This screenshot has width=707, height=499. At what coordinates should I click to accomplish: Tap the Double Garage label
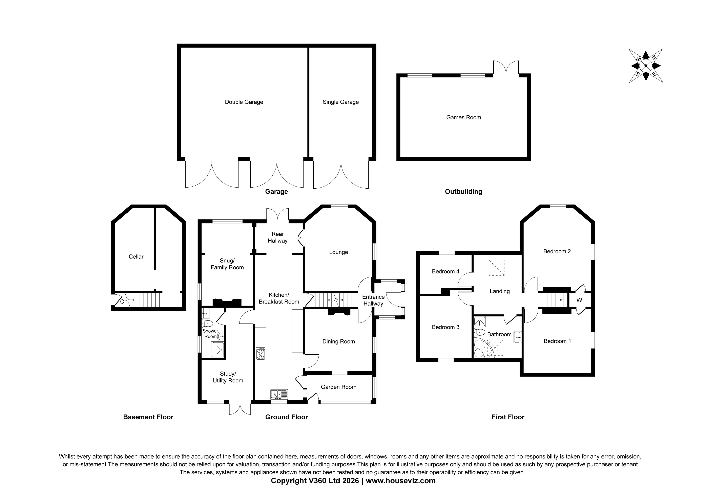click(244, 102)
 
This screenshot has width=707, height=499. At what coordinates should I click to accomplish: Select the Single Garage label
click(340, 102)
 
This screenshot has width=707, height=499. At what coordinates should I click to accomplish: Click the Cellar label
click(136, 257)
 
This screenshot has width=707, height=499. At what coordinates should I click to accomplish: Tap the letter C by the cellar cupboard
click(122, 302)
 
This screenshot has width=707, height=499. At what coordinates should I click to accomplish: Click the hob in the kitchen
click(261, 354)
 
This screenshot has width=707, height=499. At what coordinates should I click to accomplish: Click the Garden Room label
click(338, 387)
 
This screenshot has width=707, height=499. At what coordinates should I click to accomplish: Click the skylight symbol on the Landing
click(496, 268)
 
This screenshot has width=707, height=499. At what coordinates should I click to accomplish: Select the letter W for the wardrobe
click(579, 300)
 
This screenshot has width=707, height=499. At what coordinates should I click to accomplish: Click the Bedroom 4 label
click(445, 271)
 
